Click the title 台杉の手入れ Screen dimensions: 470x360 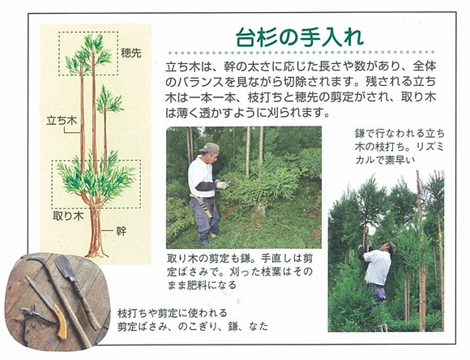[300, 37]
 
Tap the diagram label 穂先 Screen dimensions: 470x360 [131, 53]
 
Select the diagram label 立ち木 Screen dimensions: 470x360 [62, 121]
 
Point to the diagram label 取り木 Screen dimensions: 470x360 [68, 216]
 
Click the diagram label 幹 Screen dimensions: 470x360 [121, 231]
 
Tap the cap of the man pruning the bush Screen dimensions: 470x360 [210, 148]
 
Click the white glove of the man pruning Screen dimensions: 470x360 [222, 185]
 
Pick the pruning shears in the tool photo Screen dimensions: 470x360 [33, 319]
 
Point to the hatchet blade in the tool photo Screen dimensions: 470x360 [64, 267]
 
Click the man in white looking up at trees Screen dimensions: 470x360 [375, 270]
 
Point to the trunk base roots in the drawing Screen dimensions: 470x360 [96, 255]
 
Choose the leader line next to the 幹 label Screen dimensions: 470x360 [107, 231]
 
